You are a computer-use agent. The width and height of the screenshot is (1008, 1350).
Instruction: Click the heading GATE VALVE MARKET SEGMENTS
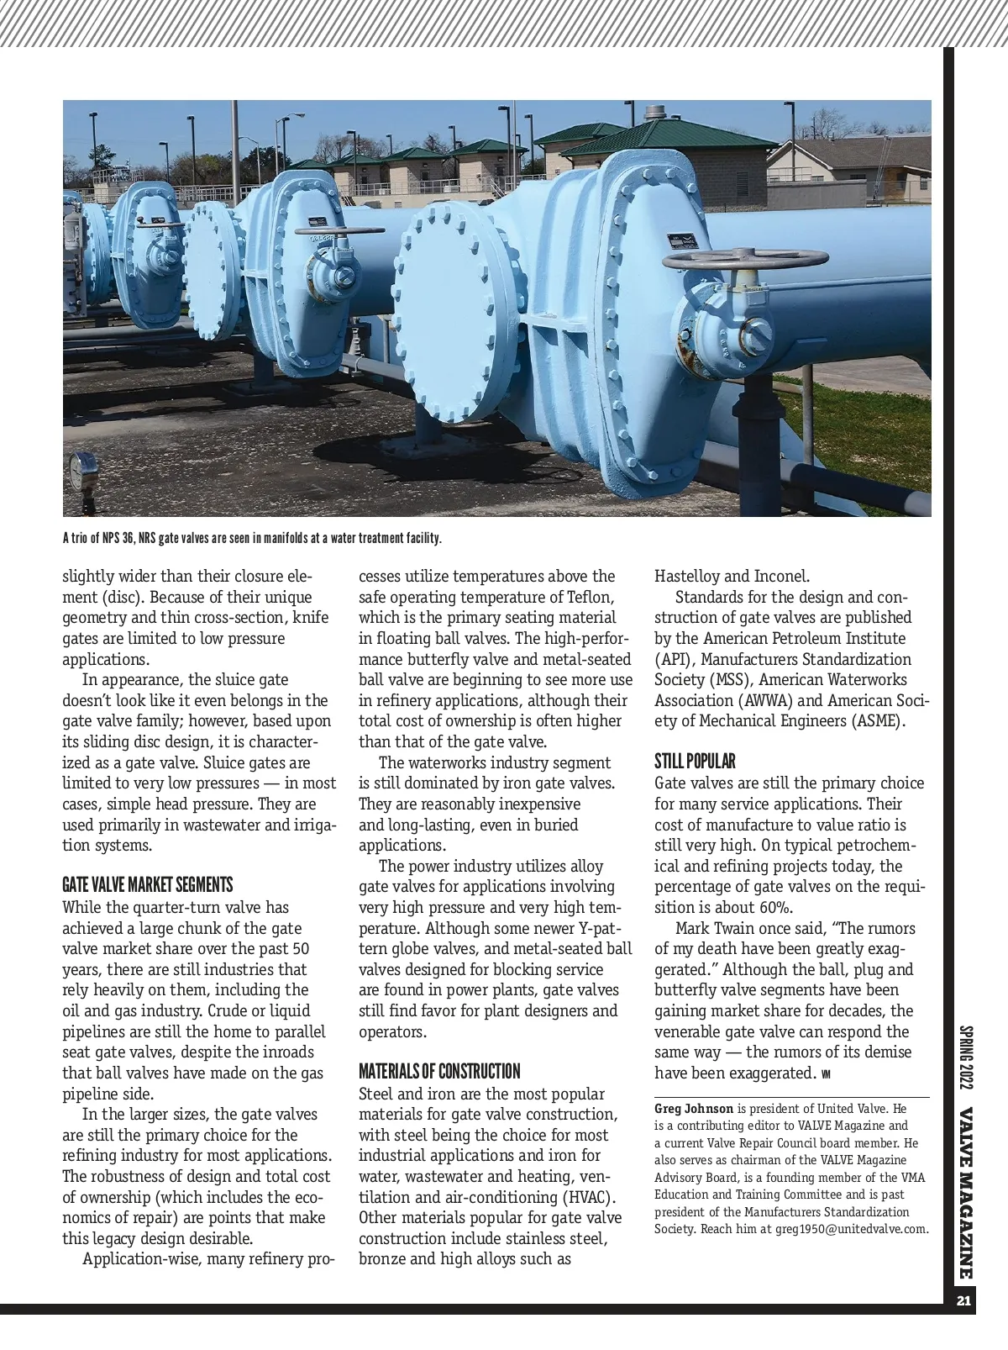147,885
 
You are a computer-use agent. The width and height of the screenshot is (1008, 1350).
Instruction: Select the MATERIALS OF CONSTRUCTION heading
439,1072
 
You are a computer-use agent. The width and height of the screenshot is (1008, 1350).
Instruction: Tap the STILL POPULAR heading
695,762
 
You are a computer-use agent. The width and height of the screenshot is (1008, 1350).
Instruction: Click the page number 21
963,1301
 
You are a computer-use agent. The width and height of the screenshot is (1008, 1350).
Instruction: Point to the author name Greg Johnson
694,1109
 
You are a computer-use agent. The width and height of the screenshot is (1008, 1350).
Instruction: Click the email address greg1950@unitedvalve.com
851,1229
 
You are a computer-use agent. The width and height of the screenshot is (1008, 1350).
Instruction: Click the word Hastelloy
687,576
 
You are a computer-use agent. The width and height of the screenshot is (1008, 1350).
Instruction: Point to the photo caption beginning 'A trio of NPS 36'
252,538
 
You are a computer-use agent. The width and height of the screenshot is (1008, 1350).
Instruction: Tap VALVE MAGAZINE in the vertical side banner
966,1194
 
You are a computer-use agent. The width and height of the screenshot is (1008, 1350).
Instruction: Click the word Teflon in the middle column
587,597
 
